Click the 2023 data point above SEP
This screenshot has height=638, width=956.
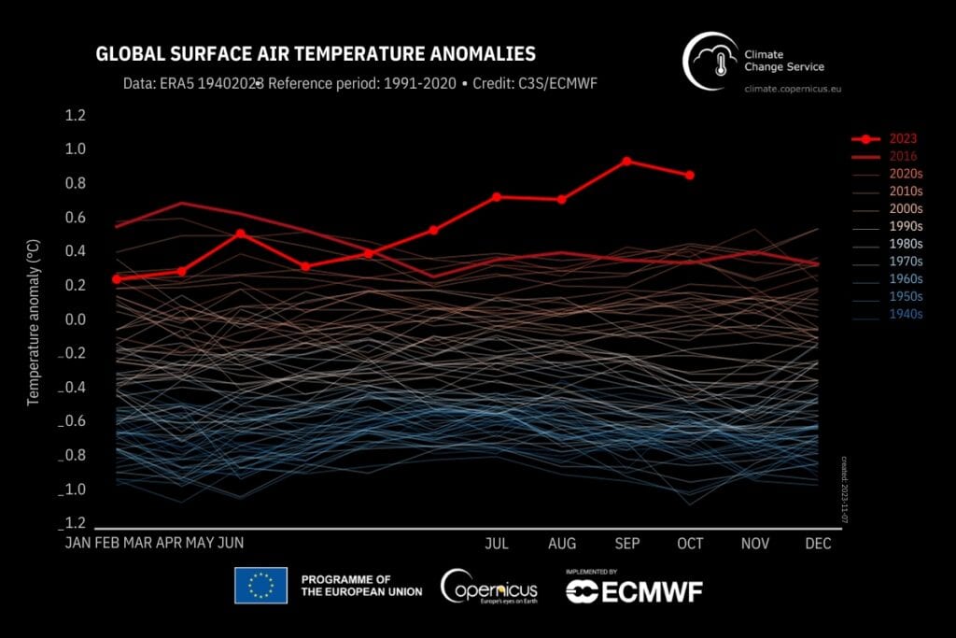click(626, 161)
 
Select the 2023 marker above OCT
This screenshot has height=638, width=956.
click(690, 175)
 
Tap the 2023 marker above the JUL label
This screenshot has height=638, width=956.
click(497, 196)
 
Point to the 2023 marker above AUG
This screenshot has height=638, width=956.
click(561, 199)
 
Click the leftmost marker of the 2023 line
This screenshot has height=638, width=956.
click(117, 278)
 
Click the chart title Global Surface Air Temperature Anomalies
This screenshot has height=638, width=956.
click(316, 54)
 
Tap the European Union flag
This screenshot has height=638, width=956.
click(260, 585)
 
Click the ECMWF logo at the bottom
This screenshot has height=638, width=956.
click(634, 590)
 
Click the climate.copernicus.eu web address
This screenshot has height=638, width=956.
click(798, 88)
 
